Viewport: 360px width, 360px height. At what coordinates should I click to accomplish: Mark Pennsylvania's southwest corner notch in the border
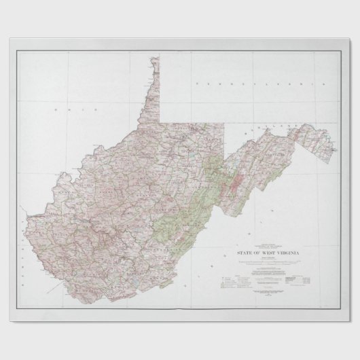point(162,122)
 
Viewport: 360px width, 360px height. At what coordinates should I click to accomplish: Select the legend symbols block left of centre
point(232,279)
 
